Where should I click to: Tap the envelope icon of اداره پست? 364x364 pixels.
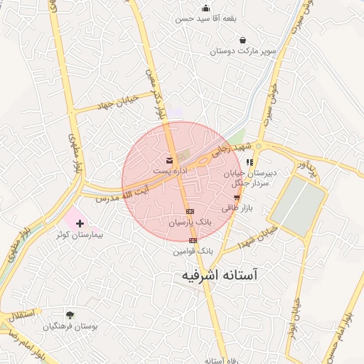click(169, 160)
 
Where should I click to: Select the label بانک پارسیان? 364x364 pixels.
click(190, 223)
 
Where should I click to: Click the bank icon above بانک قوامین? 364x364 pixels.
click(193, 240)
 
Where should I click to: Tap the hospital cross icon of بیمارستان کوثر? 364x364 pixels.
click(79, 223)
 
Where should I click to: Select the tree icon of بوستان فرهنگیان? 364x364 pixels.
click(69, 315)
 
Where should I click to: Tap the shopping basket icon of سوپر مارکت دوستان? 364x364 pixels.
click(244, 41)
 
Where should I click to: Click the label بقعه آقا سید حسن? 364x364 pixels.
click(206, 18)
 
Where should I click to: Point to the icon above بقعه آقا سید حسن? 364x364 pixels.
click(206, 8)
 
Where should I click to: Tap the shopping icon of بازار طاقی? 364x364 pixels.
click(237, 198)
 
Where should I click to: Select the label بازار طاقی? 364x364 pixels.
click(237, 209)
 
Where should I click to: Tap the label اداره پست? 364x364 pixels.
click(169, 171)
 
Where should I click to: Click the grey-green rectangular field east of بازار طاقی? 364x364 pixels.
click(298, 205)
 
